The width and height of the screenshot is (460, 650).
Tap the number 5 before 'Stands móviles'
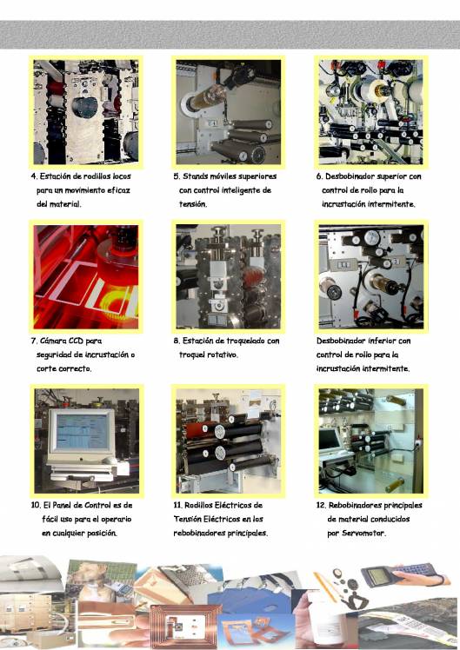pos(176,176)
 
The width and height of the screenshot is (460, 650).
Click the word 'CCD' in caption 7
pos(76,341)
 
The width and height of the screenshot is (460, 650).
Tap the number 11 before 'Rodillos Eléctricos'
pos(177,505)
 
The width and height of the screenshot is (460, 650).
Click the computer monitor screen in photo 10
pos(82,432)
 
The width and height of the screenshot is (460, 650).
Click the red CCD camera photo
pos(86,277)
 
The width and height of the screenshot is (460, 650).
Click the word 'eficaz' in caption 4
pos(118,190)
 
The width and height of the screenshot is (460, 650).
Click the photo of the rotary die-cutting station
pos(228,277)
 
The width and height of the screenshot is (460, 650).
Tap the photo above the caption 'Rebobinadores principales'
pos(370,441)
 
